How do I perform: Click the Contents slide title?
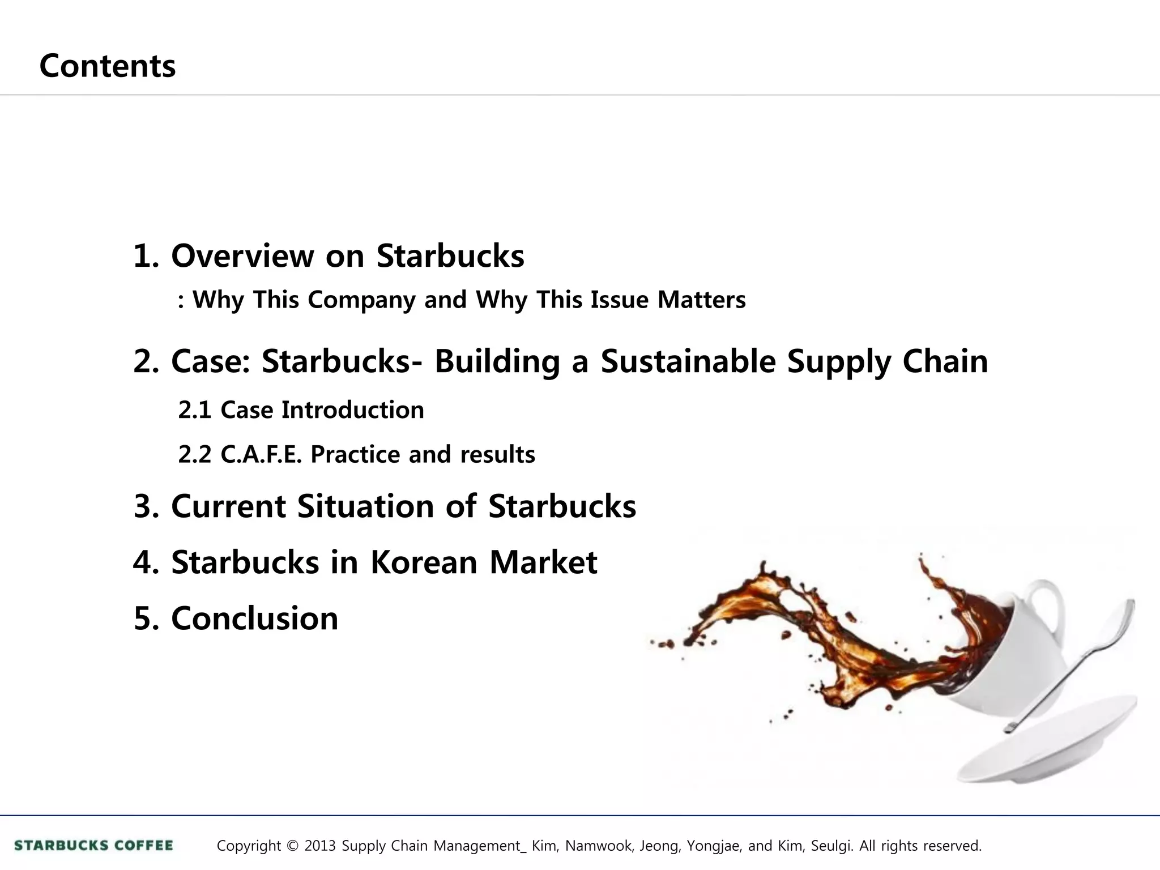(x=108, y=66)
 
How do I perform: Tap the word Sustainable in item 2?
(x=688, y=361)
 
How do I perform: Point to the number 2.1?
(x=194, y=410)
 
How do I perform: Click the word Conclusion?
(x=254, y=618)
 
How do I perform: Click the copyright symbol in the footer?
(x=292, y=846)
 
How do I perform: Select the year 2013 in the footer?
(x=320, y=846)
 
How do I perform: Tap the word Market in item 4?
(x=543, y=562)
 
